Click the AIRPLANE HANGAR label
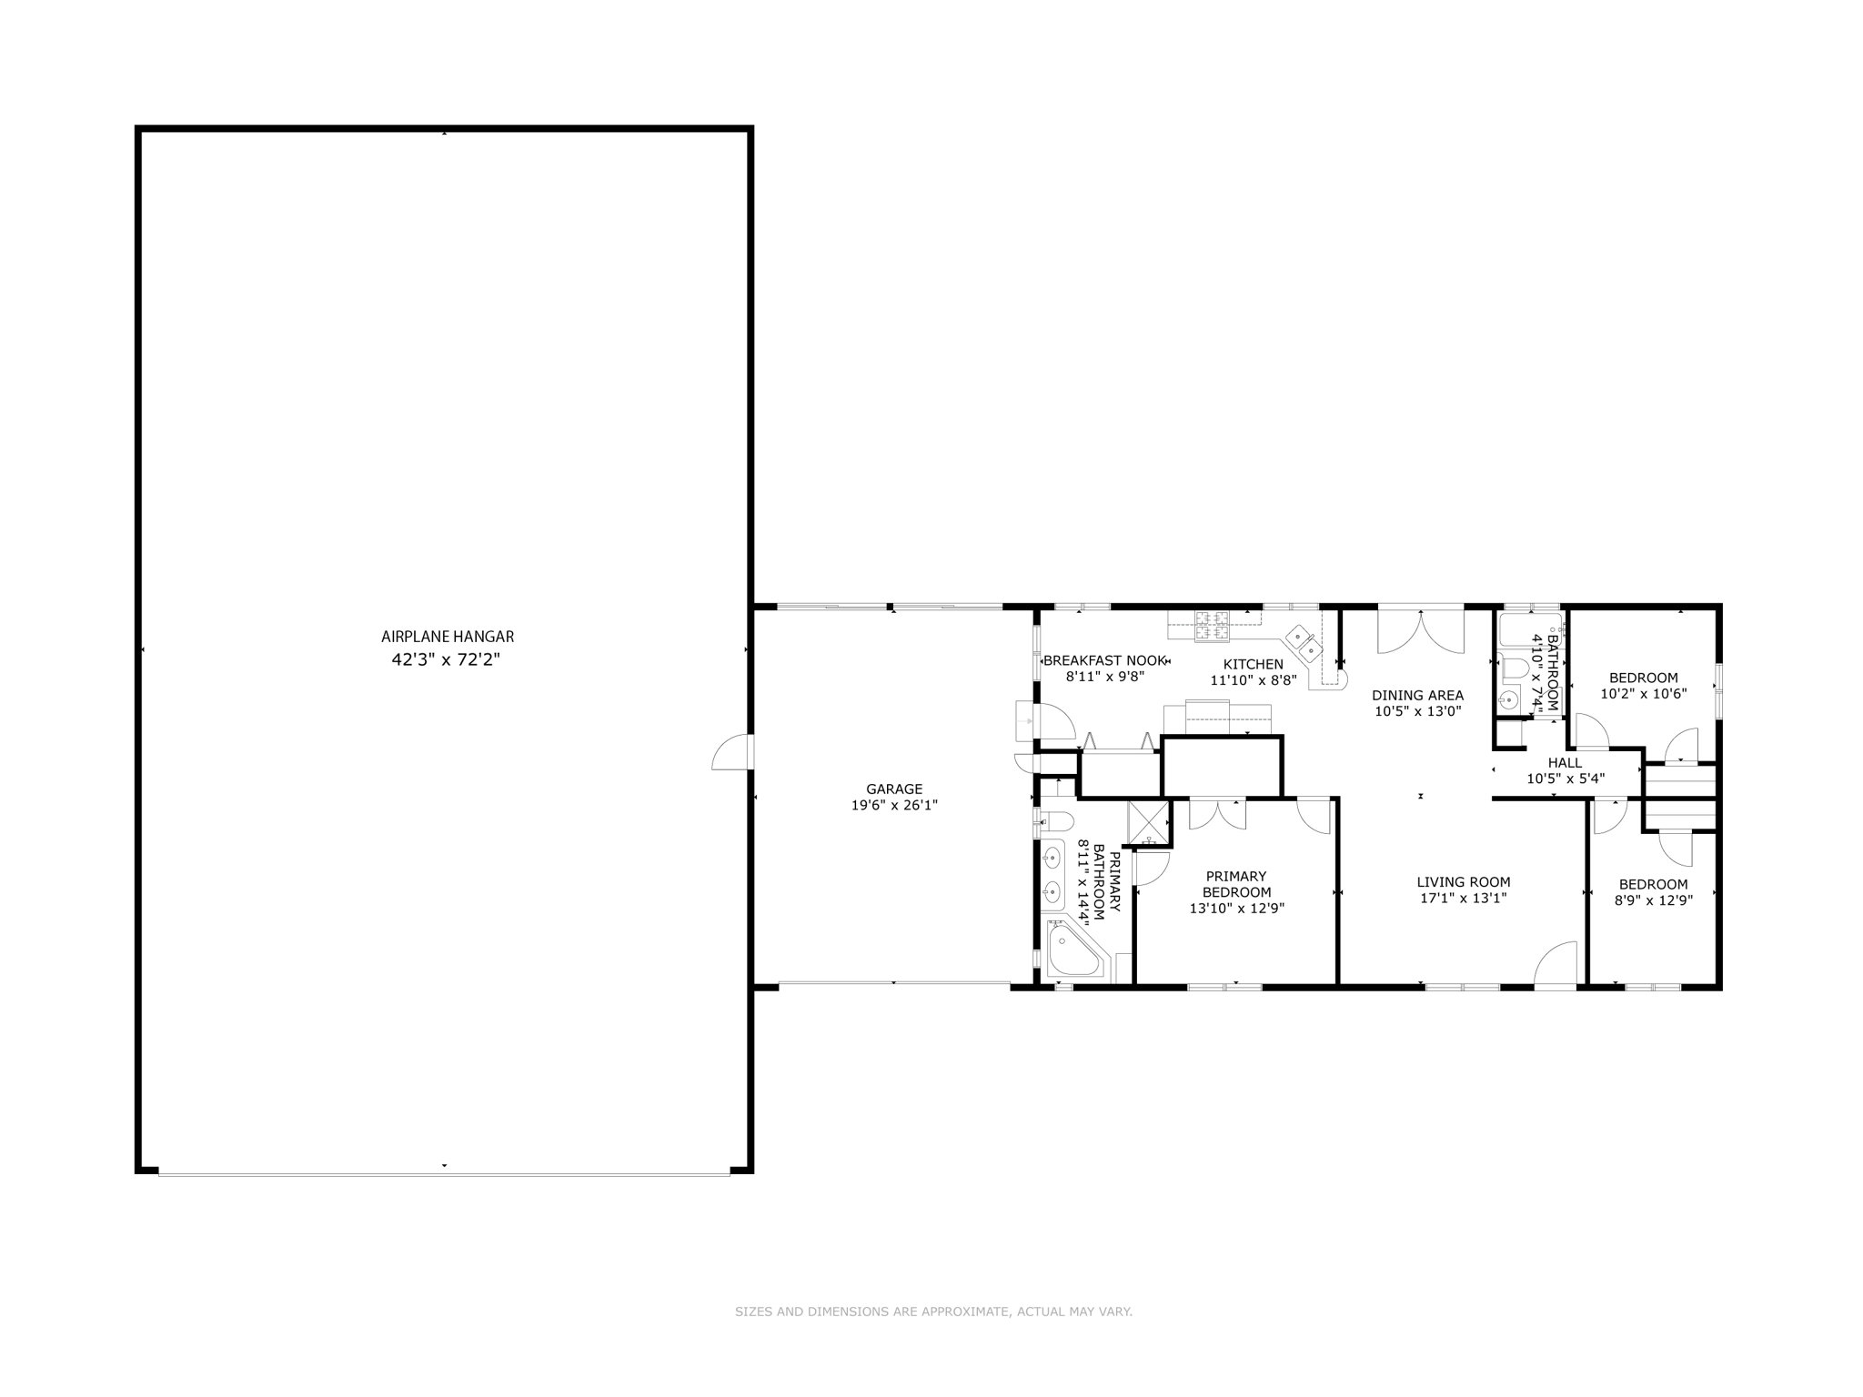click(447, 637)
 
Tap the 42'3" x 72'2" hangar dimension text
click(446, 659)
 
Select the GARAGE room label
click(893, 789)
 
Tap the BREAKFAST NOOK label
click(1103, 660)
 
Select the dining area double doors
click(1420, 631)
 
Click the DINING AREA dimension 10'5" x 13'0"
click(1417, 711)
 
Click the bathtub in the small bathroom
click(1528, 628)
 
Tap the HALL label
click(1565, 762)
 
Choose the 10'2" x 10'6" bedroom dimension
click(1643, 693)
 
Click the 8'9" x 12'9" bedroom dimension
click(1653, 900)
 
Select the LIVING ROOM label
click(1463, 881)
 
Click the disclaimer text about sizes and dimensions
click(933, 1312)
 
